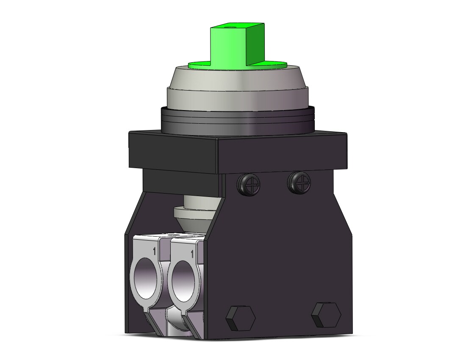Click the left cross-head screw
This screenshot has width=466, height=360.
pyautogui.click(x=248, y=181)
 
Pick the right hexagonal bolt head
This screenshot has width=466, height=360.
pyautogui.click(x=326, y=314)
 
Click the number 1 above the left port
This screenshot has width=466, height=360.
pyautogui.click(x=154, y=251)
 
